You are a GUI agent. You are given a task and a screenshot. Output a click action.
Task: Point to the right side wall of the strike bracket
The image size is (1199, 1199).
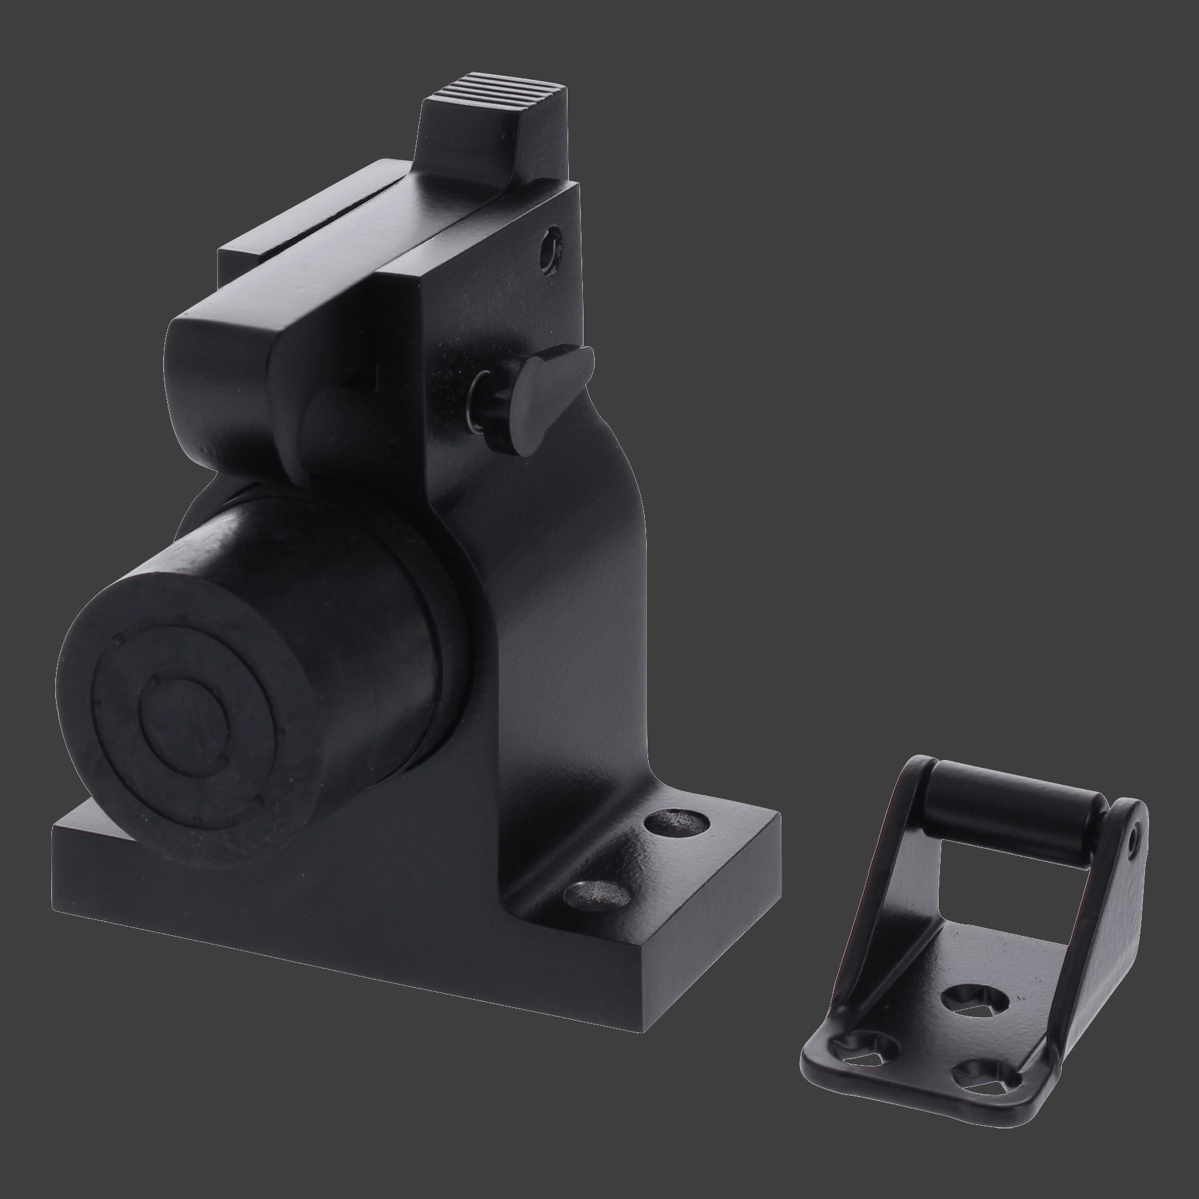point(1092,933)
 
